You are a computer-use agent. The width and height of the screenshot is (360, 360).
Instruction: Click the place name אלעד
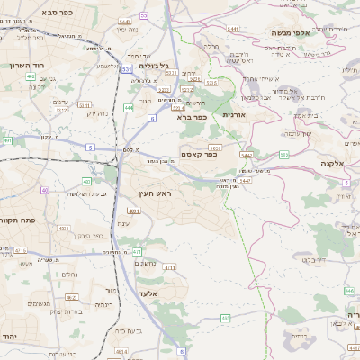tap(148, 293)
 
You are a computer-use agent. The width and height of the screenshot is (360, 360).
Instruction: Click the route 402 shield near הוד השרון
tap(31, 78)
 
